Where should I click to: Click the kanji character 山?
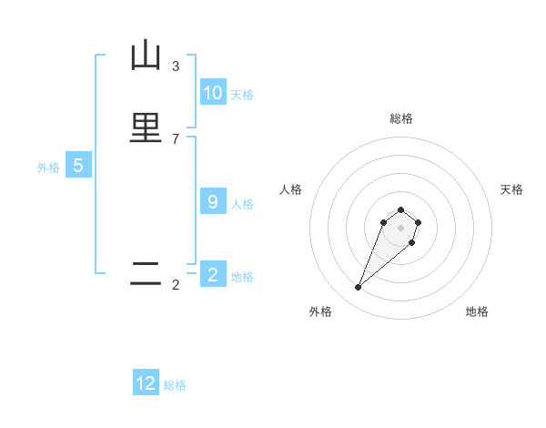coord(146,56)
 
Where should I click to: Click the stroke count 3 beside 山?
coord(176,66)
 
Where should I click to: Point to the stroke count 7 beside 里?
coord(176,138)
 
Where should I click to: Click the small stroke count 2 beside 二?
coord(176,285)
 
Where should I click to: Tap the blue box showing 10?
coord(212,93)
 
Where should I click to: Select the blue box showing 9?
coord(212,202)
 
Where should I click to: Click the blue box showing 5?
coord(78,166)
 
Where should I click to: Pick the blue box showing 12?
coord(146,383)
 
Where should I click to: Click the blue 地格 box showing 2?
coord(212,275)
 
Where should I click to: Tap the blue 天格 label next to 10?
coord(242,95)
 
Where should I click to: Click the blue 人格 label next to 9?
coord(242,204)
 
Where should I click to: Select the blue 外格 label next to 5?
coord(48,168)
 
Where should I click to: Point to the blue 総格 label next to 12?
coord(175,385)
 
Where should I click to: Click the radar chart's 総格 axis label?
coord(401,118)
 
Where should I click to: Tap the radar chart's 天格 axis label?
coord(511,189)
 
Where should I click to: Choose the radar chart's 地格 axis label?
coord(477,311)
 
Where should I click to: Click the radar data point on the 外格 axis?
coord(359,288)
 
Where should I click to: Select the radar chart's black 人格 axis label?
coord(291,189)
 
